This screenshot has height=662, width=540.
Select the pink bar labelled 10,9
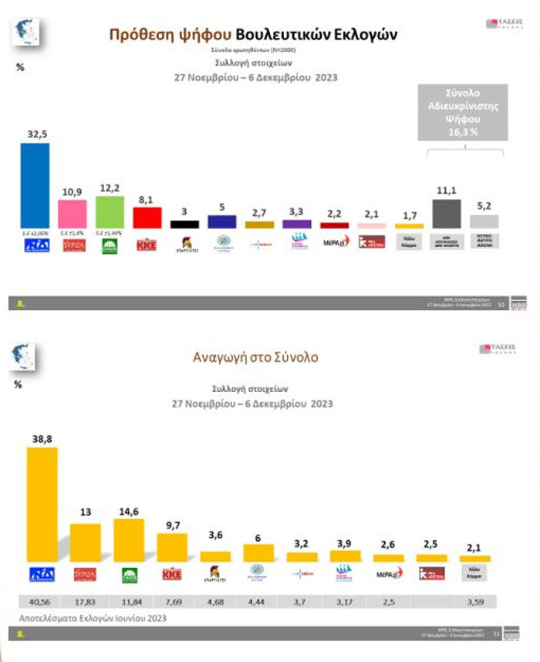click(73, 214)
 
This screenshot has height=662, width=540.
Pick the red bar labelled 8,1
click(147, 218)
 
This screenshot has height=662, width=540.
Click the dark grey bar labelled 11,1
click(446, 214)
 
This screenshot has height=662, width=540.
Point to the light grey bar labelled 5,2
click(484, 221)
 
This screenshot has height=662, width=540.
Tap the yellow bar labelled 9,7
click(172, 547)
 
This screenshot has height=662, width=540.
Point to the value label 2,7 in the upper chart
click(259, 213)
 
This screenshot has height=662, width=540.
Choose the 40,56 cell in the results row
click(42, 602)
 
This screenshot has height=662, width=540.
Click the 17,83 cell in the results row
click(85, 602)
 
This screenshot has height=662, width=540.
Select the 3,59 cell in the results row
click(475, 602)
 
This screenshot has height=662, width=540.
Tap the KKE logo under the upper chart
click(147, 245)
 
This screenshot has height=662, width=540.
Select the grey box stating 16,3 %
click(461, 111)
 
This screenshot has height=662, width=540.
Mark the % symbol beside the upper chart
click(21, 67)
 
